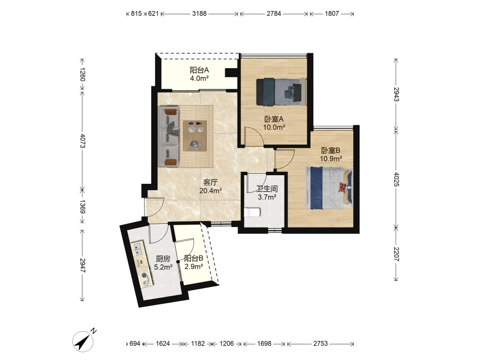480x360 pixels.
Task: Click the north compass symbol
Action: (x=83, y=340)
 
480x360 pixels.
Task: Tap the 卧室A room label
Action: (x=274, y=119)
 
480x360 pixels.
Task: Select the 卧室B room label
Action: (x=331, y=151)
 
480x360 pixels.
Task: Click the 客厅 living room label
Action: (x=210, y=182)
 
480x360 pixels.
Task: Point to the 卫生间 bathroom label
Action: (x=267, y=189)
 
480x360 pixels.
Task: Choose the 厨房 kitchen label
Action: (x=163, y=259)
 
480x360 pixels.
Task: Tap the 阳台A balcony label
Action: (x=199, y=70)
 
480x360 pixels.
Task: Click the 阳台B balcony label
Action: (x=194, y=258)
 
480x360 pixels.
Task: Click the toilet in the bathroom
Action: (x=252, y=212)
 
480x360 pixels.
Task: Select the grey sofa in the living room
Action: (x=168, y=136)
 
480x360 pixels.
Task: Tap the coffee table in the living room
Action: (x=195, y=136)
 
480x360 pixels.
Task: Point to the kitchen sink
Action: (x=138, y=248)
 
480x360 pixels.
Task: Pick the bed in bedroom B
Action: (x=329, y=188)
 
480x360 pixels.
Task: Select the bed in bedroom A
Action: (x=281, y=92)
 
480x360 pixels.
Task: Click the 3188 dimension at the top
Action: (x=199, y=13)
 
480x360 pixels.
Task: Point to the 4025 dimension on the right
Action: (x=396, y=180)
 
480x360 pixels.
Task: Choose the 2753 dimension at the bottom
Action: (x=321, y=344)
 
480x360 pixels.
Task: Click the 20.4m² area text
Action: (x=211, y=191)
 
